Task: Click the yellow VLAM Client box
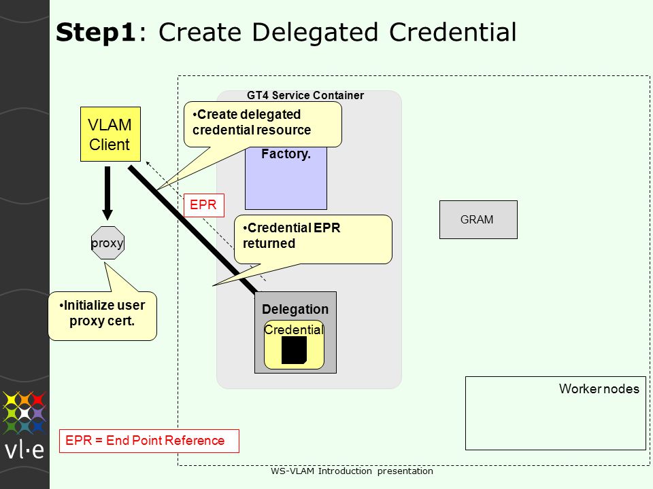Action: pos(110,134)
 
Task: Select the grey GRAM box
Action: pos(478,219)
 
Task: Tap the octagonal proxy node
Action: pos(107,243)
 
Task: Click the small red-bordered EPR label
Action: pos(204,205)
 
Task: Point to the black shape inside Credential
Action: pos(294,350)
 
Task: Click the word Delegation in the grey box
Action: pos(295,309)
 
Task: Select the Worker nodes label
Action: pos(599,388)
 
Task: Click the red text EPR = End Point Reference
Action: pos(145,440)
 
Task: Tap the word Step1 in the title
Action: pos(96,32)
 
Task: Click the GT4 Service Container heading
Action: pos(305,95)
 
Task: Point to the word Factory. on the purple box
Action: pos(286,154)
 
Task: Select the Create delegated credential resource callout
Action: pos(263,124)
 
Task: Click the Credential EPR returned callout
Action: pos(313,239)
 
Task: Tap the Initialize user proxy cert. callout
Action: pos(103,316)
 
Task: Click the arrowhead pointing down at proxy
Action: pos(107,215)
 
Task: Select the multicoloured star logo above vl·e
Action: pos(24,412)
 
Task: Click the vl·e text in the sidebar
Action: pos(24,450)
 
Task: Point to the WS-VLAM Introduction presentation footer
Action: pos(352,471)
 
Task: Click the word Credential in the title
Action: pos(453,32)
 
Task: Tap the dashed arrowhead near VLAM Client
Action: pos(148,164)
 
